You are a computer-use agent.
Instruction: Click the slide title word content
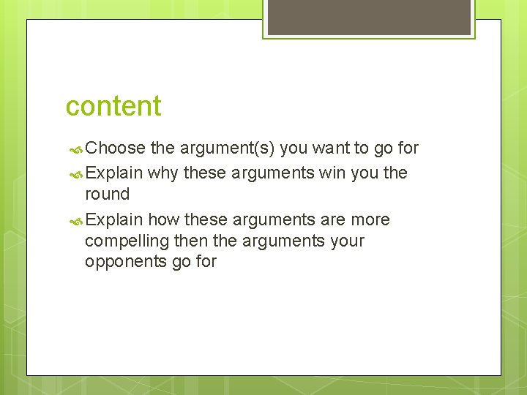tap(113, 106)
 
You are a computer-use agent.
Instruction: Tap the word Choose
tap(116, 148)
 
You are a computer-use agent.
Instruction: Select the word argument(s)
tap(225, 148)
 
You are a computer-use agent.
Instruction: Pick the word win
tap(333, 173)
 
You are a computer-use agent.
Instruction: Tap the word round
tap(107, 195)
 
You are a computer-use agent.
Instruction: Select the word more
tap(370, 220)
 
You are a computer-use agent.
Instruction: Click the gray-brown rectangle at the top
tap(368, 17)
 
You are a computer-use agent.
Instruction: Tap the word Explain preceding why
tap(113, 173)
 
